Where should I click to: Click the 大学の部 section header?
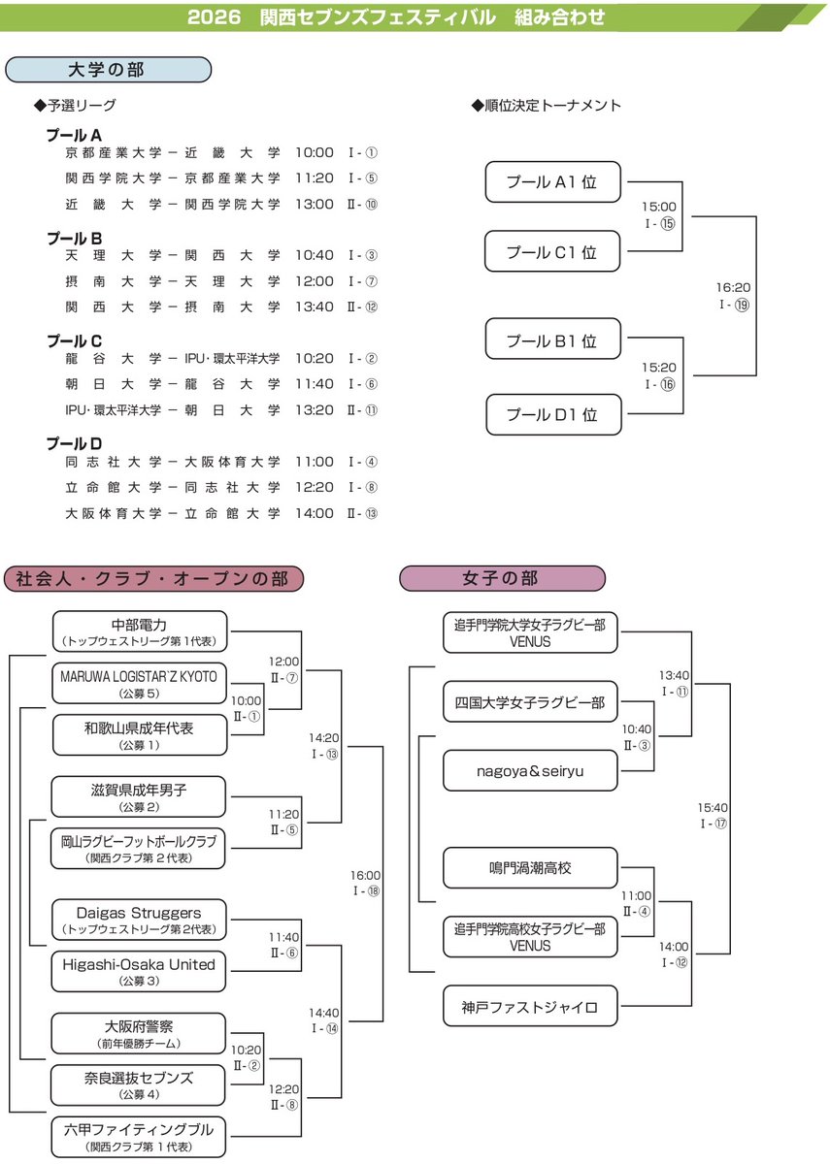pos(108,69)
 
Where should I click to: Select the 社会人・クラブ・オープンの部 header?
pos(152,579)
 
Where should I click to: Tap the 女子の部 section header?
pos(501,579)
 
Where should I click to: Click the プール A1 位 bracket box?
pos(551,181)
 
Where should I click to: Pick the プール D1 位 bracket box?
pos(551,414)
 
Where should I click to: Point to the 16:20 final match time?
pos(734,288)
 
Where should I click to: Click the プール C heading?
pos(75,340)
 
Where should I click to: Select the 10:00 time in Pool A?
pos(314,152)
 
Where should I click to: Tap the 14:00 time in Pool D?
pos(314,513)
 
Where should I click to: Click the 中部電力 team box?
pos(139,630)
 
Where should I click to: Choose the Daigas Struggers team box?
pos(139,920)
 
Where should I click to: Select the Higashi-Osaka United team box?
pos(139,971)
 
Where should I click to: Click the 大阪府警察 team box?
pos(139,1033)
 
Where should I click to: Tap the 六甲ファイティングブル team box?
pos(139,1136)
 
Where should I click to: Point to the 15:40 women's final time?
pos(713,807)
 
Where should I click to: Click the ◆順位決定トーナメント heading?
pos(546,106)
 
